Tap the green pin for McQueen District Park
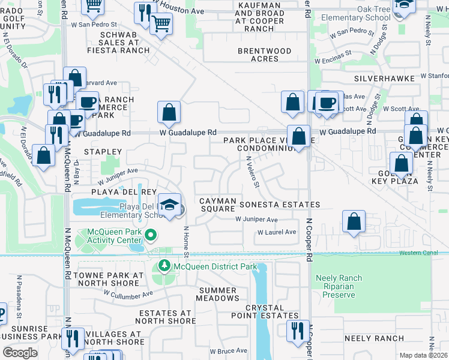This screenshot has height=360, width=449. [164, 266]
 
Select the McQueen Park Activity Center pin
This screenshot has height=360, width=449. [151, 235]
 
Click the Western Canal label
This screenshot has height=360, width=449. [424, 253]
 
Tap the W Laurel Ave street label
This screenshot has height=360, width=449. [277, 232]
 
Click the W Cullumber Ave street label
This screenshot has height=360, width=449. [128, 294]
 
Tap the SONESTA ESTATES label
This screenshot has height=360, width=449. [280, 205]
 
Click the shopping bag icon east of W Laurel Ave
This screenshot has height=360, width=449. [355, 221]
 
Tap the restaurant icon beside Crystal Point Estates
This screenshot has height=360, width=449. [297, 331]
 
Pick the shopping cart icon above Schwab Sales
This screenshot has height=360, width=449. [161, 25]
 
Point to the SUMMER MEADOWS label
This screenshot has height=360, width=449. [217, 294]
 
